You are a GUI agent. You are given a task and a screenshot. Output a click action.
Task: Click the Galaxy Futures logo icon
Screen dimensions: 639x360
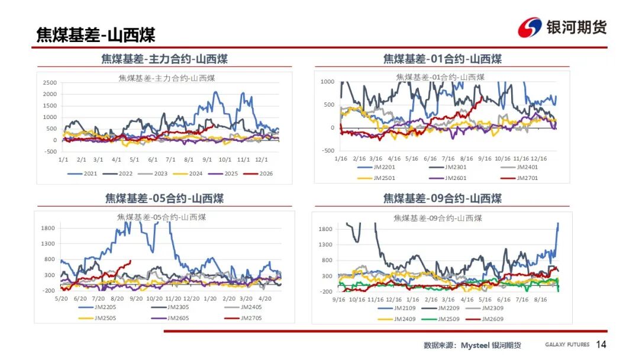click(530, 27)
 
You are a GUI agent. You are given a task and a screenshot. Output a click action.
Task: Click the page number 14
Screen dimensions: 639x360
click(601, 345)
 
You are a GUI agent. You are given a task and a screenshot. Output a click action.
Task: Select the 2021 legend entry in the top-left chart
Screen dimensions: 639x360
click(82, 173)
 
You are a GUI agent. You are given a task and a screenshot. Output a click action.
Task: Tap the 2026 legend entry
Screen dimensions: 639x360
click(258, 173)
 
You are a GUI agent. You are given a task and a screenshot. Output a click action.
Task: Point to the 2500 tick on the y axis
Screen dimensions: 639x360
click(50, 83)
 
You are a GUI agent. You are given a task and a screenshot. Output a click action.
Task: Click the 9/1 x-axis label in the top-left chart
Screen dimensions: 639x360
click(207, 160)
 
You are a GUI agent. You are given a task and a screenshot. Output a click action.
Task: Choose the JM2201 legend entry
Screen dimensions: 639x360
click(376, 167)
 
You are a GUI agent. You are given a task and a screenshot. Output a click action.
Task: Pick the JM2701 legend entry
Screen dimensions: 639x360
click(519, 178)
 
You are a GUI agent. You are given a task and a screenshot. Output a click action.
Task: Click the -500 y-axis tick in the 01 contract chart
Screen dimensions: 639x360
click(328, 150)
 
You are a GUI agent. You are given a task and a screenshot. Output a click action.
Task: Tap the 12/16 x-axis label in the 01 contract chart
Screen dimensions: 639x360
click(539, 159)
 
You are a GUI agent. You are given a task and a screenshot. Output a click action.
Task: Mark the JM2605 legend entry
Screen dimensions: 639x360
click(170, 319)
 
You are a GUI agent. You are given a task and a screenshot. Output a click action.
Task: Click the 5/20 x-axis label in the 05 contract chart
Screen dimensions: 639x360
click(61, 299)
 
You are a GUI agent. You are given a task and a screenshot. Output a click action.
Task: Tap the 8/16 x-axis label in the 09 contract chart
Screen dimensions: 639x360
click(540, 300)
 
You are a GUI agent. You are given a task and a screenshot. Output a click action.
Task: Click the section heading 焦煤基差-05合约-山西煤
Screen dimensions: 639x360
click(164, 198)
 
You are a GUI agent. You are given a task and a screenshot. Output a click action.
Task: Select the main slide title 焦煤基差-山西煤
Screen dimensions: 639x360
click(96, 35)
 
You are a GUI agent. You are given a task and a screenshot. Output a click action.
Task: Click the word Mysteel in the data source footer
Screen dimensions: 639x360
click(475, 345)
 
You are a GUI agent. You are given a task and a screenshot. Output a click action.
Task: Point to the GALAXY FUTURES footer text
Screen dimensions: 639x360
click(567, 345)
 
